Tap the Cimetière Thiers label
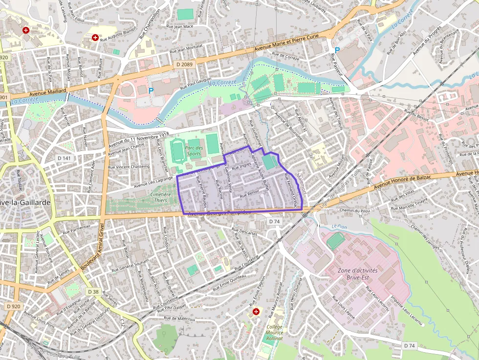[x=160, y=197]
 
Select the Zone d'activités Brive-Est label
[x=361, y=274]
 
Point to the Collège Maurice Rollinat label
[x=274, y=333]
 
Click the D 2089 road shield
[x=184, y=64]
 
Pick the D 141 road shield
[x=64, y=158]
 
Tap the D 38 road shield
[x=94, y=292]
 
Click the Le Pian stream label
[x=338, y=227]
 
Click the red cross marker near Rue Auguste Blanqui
[x=95, y=37]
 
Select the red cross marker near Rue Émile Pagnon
[x=256, y=311]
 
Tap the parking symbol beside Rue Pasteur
[x=337, y=43]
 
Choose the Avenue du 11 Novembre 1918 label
[x=139, y=138]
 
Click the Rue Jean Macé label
[x=180, y=26]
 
